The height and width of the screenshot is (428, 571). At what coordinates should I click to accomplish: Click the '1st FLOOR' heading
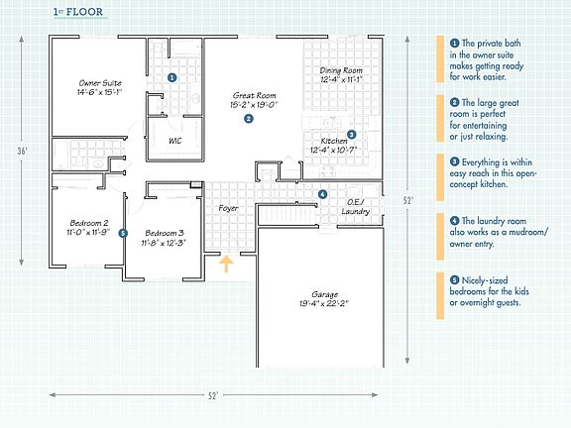78,12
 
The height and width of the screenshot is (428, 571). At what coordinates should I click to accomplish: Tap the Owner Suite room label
100,83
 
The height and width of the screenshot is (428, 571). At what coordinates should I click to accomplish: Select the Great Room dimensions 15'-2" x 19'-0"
254,105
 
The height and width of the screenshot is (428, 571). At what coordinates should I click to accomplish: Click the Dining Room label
341,70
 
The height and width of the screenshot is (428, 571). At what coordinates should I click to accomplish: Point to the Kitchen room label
334,141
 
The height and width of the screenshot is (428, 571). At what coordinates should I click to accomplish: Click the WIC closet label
175,141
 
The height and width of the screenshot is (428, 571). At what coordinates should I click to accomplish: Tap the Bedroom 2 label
89,223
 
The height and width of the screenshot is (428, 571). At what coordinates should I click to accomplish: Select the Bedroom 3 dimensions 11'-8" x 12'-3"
164,243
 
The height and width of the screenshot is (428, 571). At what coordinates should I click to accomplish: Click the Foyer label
228,208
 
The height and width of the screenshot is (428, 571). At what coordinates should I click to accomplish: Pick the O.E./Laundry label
356,207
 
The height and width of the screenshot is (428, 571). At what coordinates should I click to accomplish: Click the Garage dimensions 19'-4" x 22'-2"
324,303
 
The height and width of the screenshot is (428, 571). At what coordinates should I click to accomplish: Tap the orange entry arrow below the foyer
226,264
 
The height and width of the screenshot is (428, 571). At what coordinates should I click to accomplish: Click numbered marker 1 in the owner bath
172,77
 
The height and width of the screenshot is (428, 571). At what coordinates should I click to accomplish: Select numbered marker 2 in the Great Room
249,119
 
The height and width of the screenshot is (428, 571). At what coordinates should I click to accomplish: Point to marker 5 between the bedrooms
123,233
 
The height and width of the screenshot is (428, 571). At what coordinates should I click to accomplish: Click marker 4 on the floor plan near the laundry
322,194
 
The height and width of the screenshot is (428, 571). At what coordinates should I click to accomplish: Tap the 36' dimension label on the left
22,151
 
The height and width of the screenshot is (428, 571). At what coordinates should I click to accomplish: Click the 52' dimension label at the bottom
213,395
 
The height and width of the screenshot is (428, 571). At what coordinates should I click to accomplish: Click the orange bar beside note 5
440,295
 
